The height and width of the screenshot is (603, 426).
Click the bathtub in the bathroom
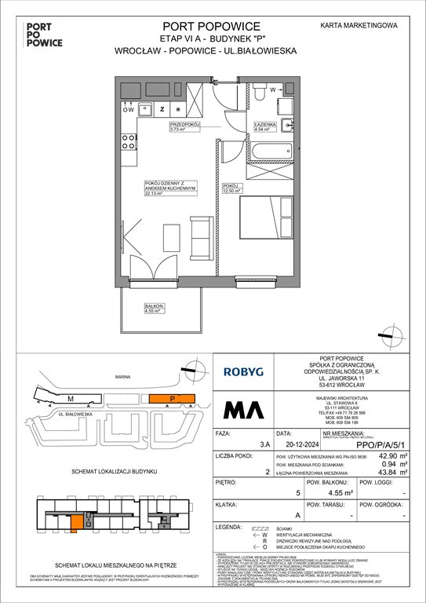268,151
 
